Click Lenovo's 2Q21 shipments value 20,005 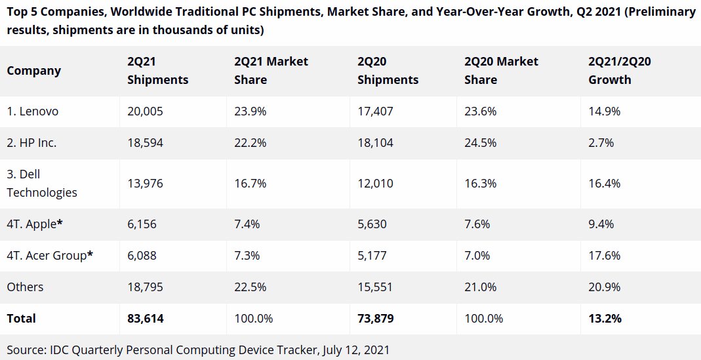pos(145,111)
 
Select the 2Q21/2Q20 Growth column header pos(619,71)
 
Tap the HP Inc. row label pos(31,143)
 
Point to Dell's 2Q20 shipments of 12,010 pos(375,184)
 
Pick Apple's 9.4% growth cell pos(601,224)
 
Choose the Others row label pos(25,287)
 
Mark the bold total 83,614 pos(145,319)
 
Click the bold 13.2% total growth pos(605,319)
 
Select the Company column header pos(34,71)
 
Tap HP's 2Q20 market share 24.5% pos(480,143)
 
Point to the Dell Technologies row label pos(42,184)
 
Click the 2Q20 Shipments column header pos(388,71)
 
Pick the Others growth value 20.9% pos(605,287)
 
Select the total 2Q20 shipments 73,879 pos(375,319)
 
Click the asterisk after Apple pos(60,223)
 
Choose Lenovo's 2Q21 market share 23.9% pos(250,111)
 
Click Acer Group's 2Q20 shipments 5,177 pos(372,256)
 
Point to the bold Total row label pos(22,319)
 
